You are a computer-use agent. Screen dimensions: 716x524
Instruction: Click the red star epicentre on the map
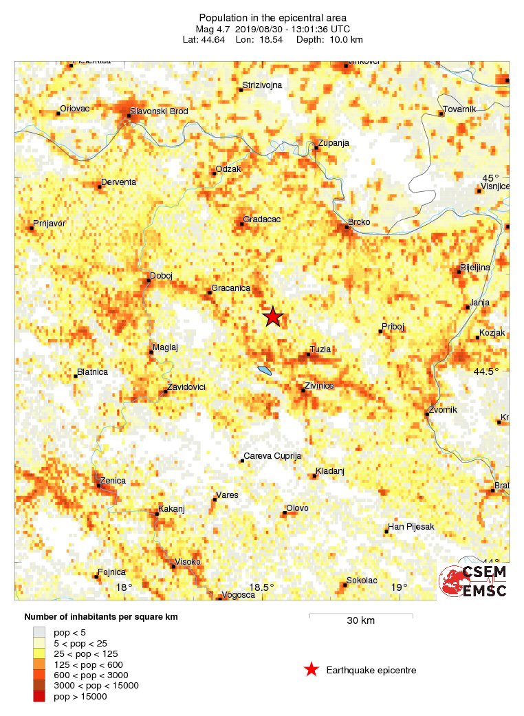[x=273, y=316]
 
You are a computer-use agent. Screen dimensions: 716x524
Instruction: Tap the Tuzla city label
[x=320, y=349]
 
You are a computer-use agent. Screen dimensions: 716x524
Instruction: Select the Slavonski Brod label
[x=160, y=111]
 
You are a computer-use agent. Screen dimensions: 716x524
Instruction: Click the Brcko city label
[x=359, y=222]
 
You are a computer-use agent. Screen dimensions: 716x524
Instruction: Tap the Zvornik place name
[x=443, y=410]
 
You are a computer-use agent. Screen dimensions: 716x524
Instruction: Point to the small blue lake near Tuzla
[x=264, y=371]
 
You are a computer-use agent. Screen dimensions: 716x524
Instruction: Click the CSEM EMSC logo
[x=474, y=581]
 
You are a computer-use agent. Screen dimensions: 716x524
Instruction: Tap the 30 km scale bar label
[x=360, y=621]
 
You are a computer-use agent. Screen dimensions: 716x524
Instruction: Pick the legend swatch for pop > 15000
[x=39, y=697]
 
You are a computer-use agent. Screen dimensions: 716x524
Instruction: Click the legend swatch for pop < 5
[x=39, y=631]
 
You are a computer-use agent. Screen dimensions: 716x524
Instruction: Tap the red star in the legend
[x=312, y=669]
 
